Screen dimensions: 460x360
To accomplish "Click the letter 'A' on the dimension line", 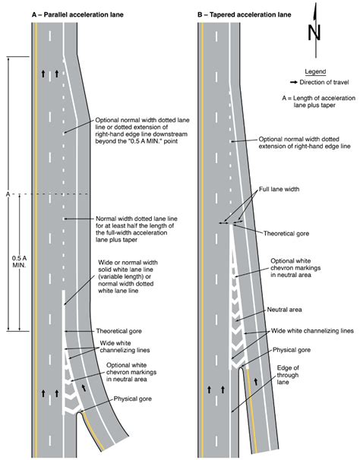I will tap(6, 194).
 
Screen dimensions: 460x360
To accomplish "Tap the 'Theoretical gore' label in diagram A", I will tap(118, 332).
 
